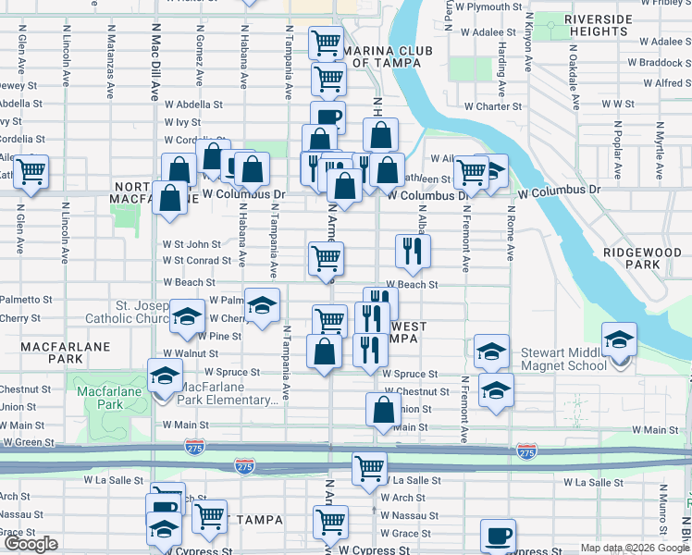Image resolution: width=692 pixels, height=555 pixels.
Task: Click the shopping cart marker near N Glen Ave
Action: tap(31, 171)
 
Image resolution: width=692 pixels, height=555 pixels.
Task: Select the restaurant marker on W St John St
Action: tap(413, 250)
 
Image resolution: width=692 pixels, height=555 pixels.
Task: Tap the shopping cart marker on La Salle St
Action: tap(369, 469)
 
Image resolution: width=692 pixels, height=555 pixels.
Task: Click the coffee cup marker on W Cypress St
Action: tap(498, 536)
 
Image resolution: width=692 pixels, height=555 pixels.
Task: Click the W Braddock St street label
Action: tap(660, 63)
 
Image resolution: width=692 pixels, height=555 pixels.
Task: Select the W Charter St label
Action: tap(493, 106)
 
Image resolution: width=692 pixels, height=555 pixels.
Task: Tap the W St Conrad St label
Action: tap(192, 261)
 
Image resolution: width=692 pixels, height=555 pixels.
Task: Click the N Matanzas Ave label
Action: tap(110, 69)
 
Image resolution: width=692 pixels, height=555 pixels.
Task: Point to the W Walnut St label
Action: tap(189, 353)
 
